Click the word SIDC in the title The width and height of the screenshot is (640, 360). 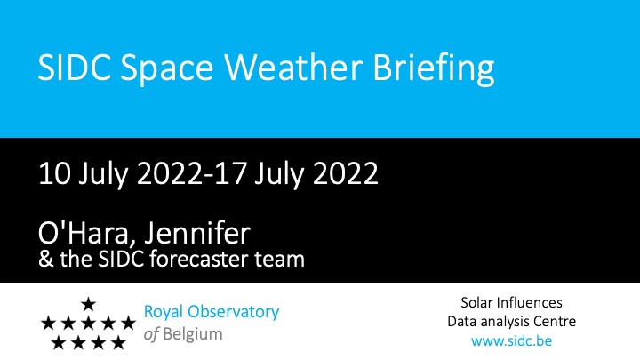tap(74, 67)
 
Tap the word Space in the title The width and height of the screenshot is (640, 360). tap(167, 70)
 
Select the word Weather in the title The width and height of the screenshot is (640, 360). tap(293, 67)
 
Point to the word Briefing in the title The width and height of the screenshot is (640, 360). tap(434, 69)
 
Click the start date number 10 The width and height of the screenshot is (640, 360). tap(54, 173)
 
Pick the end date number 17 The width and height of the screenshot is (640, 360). tap(230, 173)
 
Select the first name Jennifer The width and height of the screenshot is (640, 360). tap(197, 233)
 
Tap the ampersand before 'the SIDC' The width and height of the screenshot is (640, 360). tap(45, 260)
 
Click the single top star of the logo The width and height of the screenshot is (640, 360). tap(88, 304)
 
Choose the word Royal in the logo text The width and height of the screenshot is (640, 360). tap(164, 313)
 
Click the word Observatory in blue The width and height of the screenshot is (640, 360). tap(233, 313)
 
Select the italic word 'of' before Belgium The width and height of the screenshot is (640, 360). tap(151, 334)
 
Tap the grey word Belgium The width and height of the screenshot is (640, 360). tap(193, 335)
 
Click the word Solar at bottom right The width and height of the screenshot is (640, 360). tap(476, 303)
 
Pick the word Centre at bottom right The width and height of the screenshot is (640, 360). tap(555, 321)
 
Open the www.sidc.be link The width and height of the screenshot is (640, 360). tap(511, 340)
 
